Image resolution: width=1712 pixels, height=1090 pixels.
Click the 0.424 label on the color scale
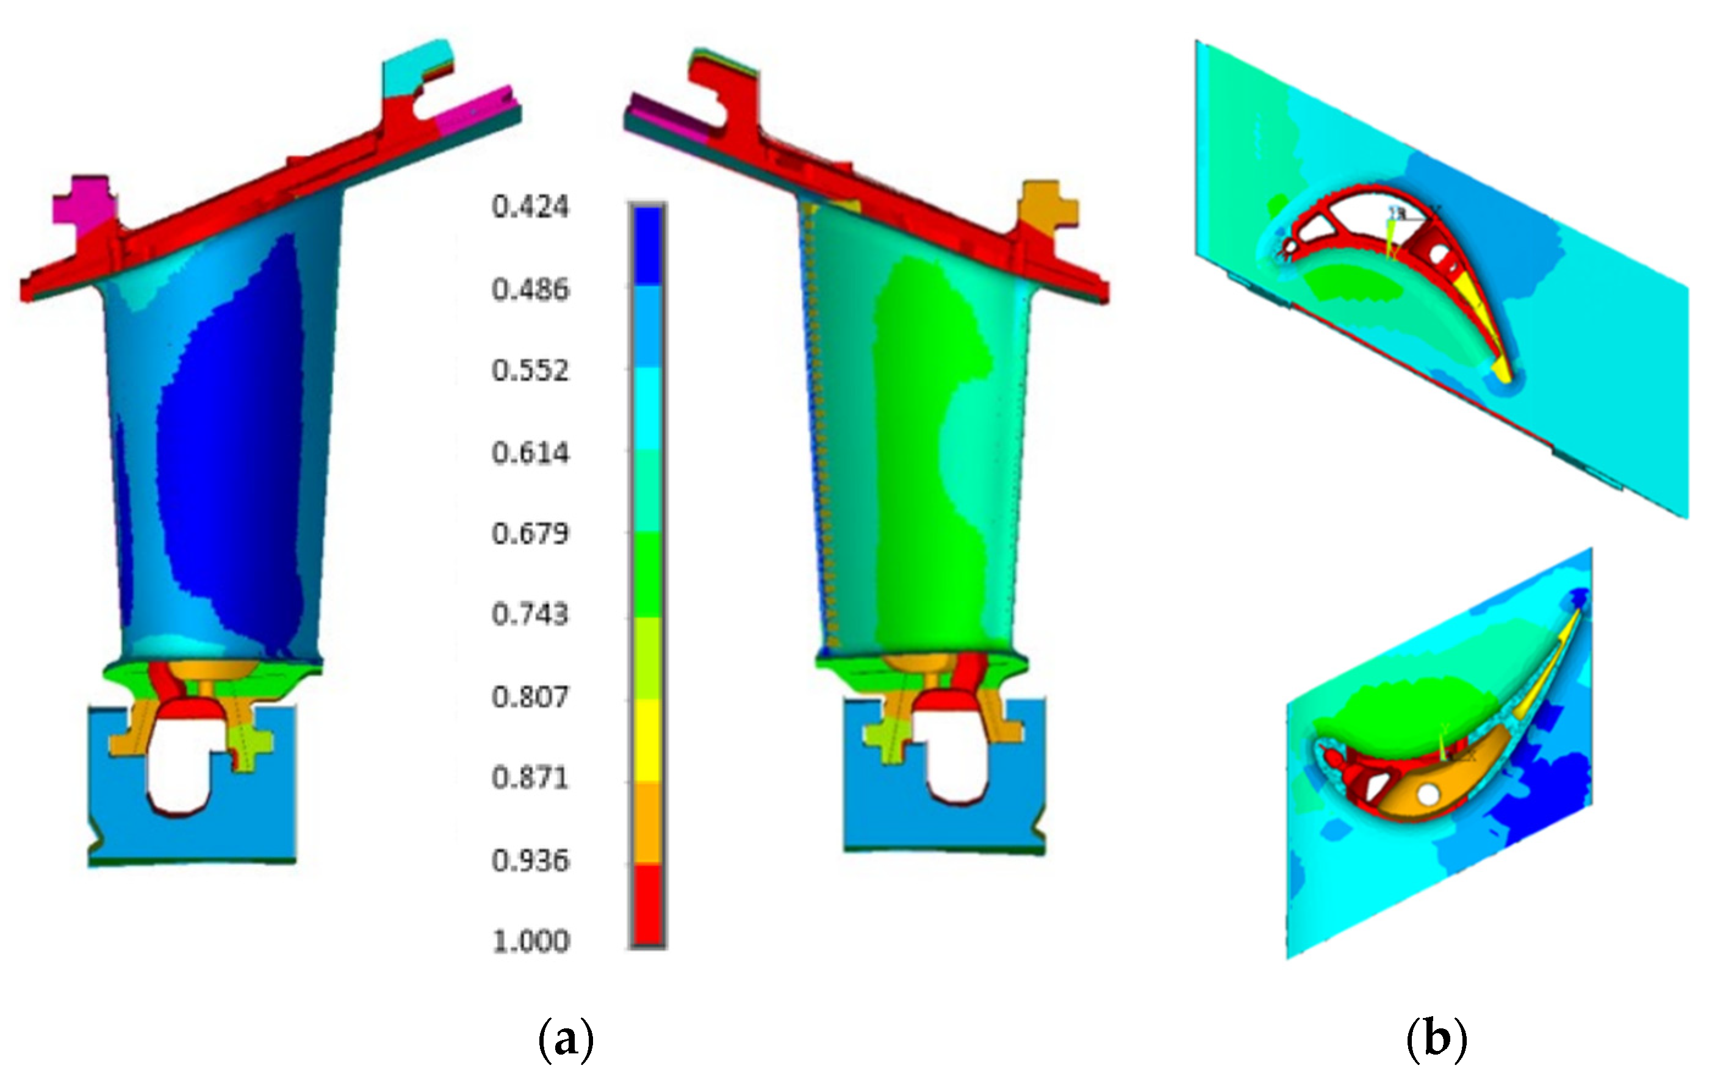pos(530,207)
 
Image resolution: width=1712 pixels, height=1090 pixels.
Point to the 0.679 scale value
pos(530,533)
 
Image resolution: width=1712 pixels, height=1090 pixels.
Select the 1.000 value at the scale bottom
pos(530,942)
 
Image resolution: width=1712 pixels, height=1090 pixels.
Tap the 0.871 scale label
pos(530,778)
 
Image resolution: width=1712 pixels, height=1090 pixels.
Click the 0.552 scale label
pos(530,370)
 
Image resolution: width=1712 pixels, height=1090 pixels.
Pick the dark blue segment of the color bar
pos(647,245)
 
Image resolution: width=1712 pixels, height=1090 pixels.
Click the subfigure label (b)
pos(1436,1040)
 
